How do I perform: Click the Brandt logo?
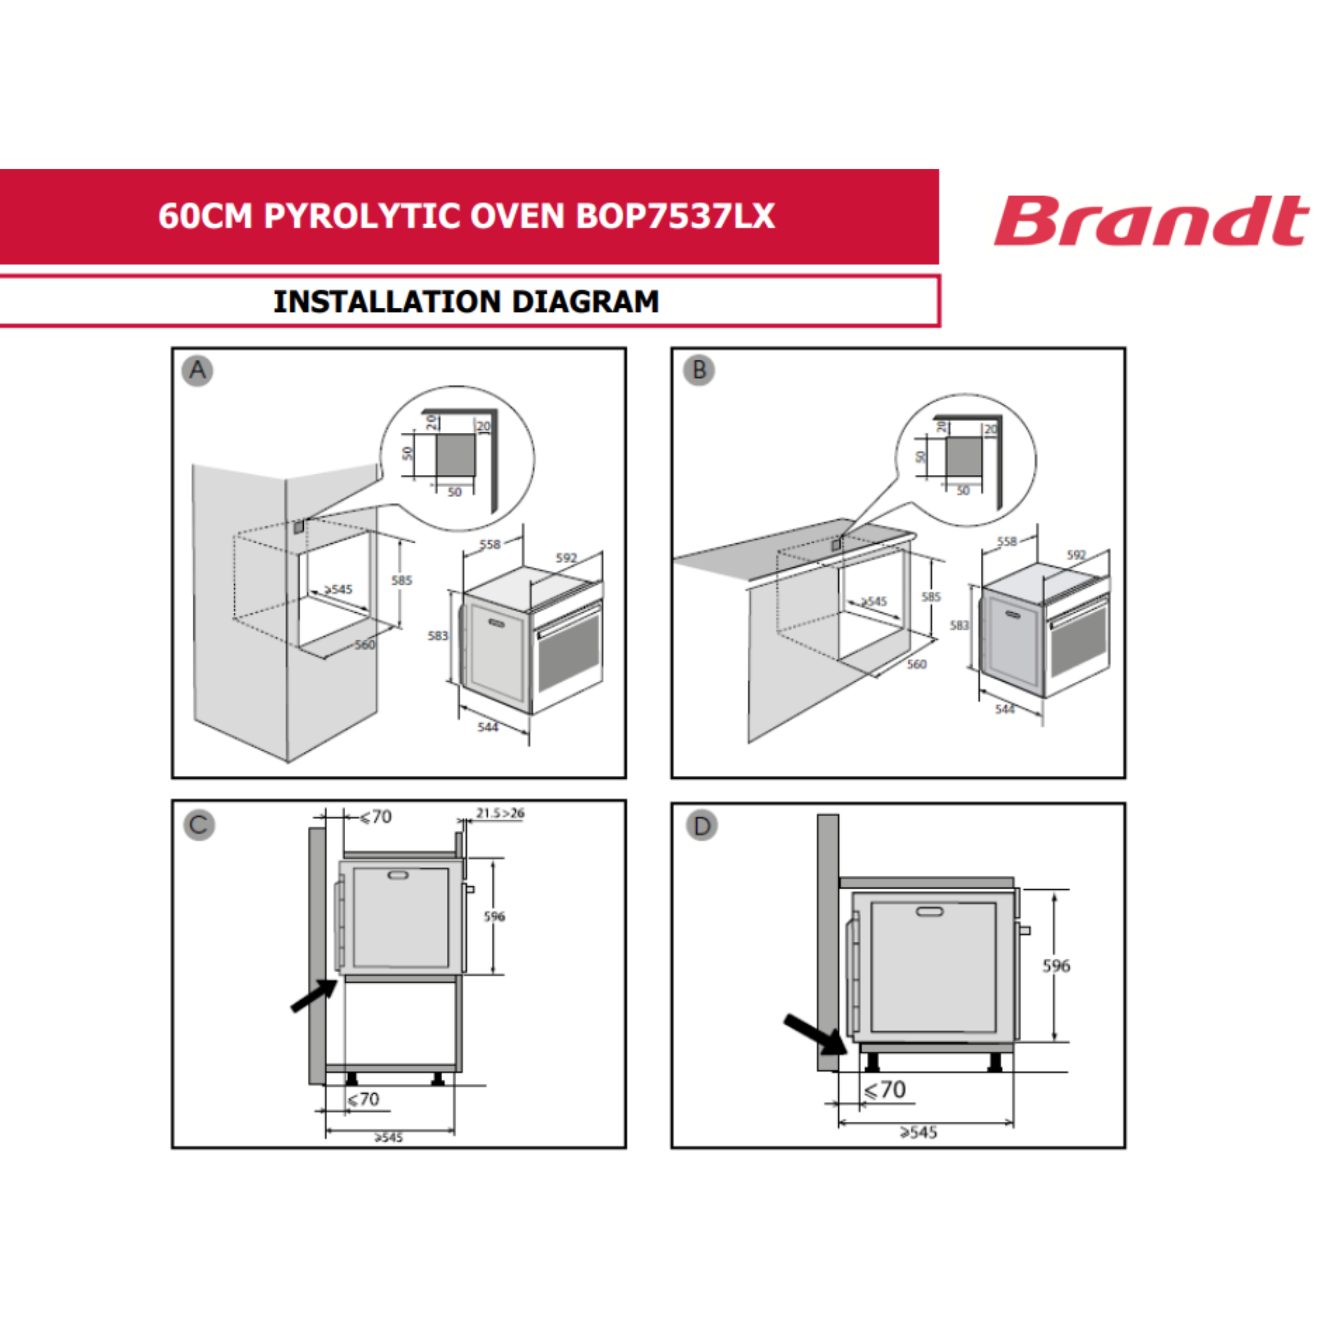point(1151,220)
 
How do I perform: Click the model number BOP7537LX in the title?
point(675,216)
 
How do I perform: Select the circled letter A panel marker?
point(197,371)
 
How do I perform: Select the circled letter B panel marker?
point(699,371)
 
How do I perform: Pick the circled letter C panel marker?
point(199,825)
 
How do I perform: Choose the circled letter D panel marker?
point(702,826)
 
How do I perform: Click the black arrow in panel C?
point(314,996)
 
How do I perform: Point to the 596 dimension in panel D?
point(1056,965)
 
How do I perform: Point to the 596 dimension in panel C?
point(494,917)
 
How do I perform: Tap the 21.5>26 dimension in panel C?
point(500,813)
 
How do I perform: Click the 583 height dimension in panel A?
point(438,635)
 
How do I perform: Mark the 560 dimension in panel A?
point(365,645)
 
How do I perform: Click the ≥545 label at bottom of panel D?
point(919,1133)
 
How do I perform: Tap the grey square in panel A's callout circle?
point(455,454)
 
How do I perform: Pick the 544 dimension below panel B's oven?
point(1005,708)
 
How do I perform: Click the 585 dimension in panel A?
point(401,579)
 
